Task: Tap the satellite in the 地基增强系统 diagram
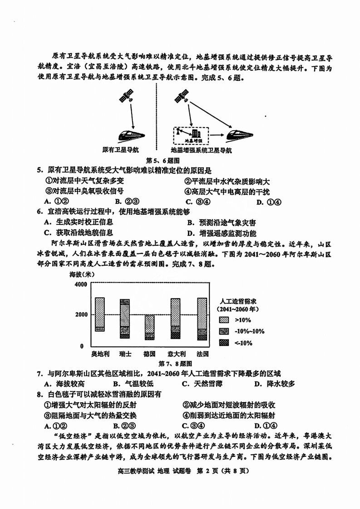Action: [x=181, y=96]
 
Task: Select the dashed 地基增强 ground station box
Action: [x=191, y=135]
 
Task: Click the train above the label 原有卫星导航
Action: [x=132, y=135]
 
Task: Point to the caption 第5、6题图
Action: [x=163, y=160]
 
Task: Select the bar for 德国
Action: [x=149, y=327]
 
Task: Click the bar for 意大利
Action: [x=175, y=319]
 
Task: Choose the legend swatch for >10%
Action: [x=224, y=320]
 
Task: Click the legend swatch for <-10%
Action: [x=224, y=342]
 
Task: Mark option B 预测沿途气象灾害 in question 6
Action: [x=221, y=222]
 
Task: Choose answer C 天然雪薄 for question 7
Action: [x=198, y=384]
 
